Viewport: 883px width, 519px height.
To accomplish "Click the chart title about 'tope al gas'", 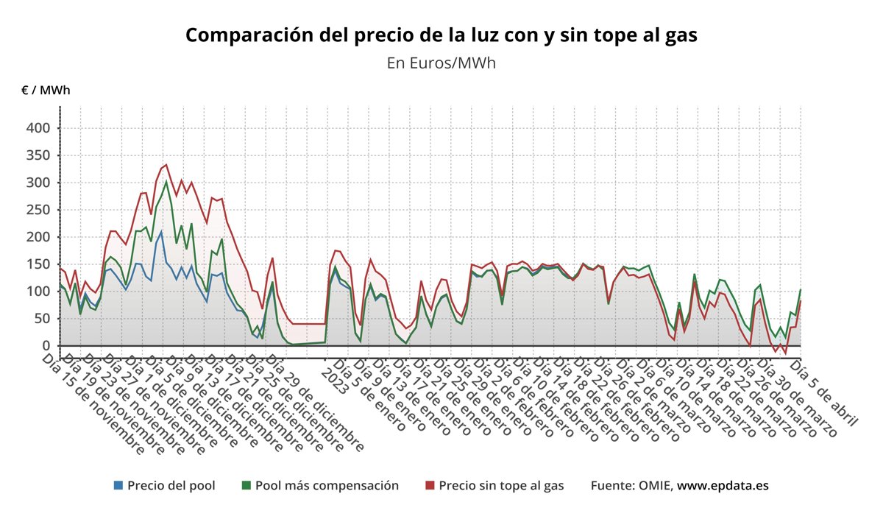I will tap(441, 35).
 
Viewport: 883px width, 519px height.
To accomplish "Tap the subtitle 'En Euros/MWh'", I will tap(441, 63).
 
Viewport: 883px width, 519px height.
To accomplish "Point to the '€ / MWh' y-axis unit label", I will tap(46, 91).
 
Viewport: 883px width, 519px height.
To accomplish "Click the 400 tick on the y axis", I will tap(39, 128).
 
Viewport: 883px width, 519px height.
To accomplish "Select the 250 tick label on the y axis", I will tap(39, 210).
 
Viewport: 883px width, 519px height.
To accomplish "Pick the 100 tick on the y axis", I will tap(39, 292).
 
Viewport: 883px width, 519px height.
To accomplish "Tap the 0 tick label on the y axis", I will tap(45, 346).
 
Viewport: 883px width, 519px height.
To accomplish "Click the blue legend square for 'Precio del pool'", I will tap(118, 485).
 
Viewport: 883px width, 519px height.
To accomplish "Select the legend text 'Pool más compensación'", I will tap(327, 485).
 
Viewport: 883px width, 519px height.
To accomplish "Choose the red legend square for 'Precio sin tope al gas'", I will tap(430, 485).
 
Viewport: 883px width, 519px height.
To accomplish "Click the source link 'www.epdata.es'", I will tap(723, 485).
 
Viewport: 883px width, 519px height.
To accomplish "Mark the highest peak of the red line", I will tap(166, 165).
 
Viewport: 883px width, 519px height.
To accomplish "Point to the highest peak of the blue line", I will tap(161, 232).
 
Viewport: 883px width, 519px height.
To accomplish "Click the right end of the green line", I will tap(800, 290).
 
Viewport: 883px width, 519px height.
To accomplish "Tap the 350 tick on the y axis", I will tap(39, 155).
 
